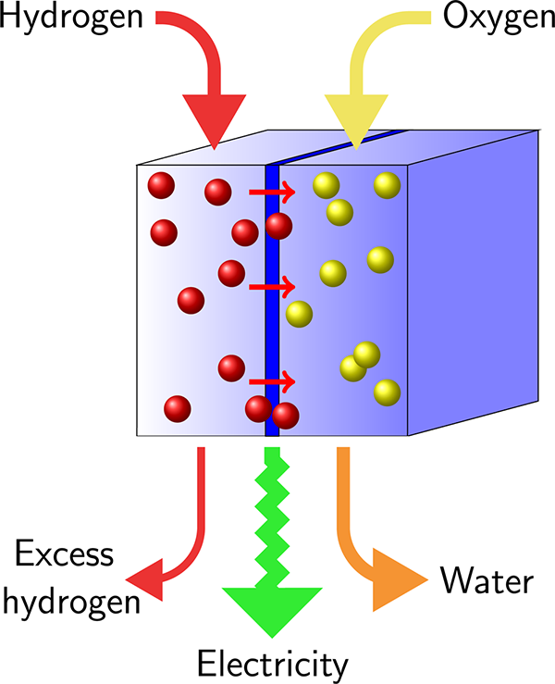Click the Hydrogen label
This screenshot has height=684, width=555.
click(x=71, y=18)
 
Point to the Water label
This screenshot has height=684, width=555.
click(x=487, y=582)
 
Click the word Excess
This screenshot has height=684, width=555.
click(x=64, y=557)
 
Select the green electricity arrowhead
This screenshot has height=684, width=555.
click(x=272, y=605)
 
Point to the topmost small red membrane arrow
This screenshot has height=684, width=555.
click(x=272, y=193)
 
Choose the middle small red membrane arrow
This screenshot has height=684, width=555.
click(x=272, y=287)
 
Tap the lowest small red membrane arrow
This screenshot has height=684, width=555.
click(x=272, y=380)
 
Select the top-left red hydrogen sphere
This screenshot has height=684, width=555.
click(x=161, y=186)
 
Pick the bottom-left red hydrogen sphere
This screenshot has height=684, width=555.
click(x=177, y=408)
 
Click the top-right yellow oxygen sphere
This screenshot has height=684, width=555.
click(x=387, y=185)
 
